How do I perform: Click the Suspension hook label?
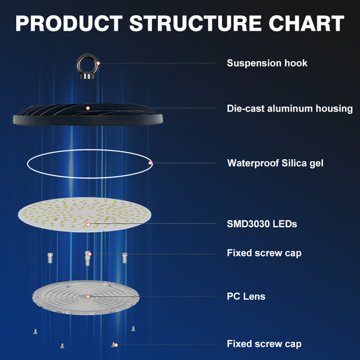click(x=267, y=63)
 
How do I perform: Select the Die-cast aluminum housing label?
click(x=289, y=108)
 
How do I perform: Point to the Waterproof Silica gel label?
click(x=275, y=163)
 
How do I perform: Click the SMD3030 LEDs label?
click(x=262, y=224)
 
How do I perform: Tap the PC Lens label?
click(x=246, y=296)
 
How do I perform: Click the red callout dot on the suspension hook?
click(x=98, y=63)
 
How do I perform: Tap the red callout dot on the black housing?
click(x=88, y=108)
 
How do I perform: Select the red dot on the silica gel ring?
click(x=150, y=163)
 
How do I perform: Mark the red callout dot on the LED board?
click(x=88, y=224)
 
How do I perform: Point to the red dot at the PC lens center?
click(x=88, y=297)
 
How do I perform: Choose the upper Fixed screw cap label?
click(x=264, y=253)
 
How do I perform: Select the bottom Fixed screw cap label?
click(x=264, y=344)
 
